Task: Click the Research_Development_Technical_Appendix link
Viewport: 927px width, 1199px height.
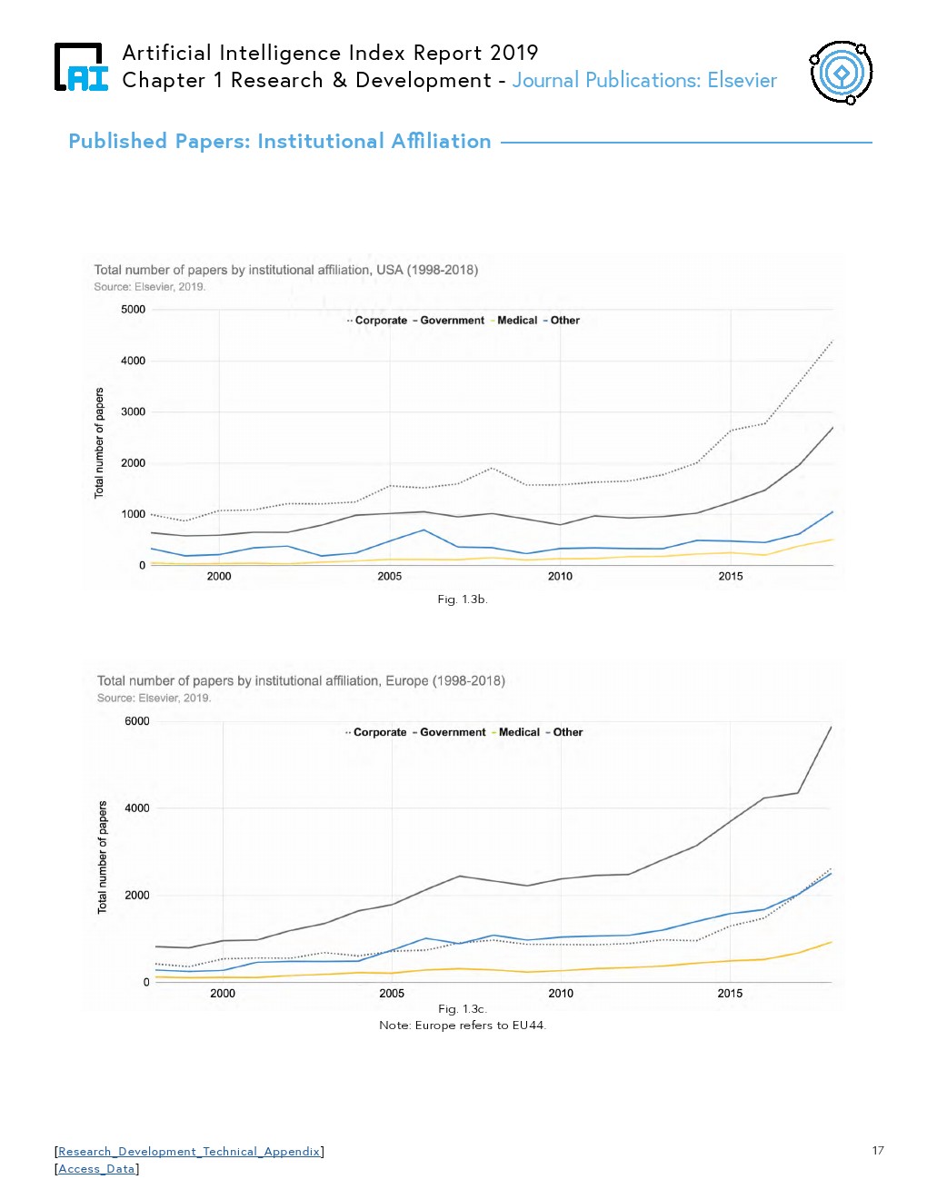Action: (x=189, y=1152)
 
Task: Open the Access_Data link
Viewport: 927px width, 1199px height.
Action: (x=96, y=1169)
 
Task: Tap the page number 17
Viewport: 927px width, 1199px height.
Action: (x=877, y=1151)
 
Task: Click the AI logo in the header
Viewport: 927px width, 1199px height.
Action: (x=82, y=67)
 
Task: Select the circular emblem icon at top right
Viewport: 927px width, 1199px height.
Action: (x=841, y=72)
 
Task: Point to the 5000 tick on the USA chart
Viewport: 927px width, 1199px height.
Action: (x=134, y=310)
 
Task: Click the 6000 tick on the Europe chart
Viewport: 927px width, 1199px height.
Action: (x=137, y=721)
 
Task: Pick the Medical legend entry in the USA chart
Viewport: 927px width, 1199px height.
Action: (x=517, y=321)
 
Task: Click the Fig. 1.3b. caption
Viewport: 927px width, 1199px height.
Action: (x=463, y=599)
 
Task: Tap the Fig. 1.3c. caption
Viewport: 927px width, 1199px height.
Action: (x=463, y=1009)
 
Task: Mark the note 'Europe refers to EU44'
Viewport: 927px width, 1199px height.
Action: (x=463, y=1026)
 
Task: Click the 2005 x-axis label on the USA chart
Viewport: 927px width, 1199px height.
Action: (x=390, y=576)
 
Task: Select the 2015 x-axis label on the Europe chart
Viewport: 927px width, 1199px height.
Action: (x=730, y=994)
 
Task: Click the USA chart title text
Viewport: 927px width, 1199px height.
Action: (x=286, y=270)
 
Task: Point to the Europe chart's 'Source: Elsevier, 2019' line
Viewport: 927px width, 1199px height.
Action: (x=154, y=699)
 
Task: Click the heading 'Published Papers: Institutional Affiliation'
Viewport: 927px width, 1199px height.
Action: (x=280, y=142)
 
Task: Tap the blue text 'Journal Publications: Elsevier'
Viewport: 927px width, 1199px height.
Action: (x=644, y=81)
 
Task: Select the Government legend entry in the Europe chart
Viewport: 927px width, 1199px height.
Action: (x=453, y=732)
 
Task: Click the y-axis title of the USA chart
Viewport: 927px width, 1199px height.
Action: (x=100, y=443)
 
